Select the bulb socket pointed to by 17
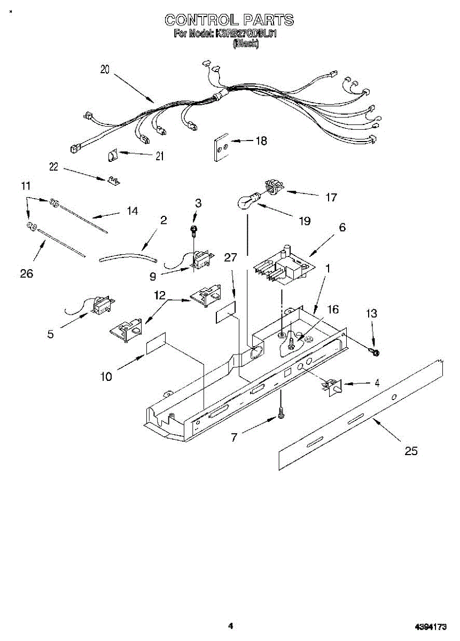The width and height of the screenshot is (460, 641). pos(274,187)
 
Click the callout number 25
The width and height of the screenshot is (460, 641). pos(411,451)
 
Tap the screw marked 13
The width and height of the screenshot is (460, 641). pos(375,351)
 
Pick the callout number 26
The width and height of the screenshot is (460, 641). pos(26,274)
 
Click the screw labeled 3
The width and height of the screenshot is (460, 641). pos(195,230)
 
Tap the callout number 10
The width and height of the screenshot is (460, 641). pos(106,377)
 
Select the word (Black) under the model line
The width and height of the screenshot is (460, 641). pos(246,45)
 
